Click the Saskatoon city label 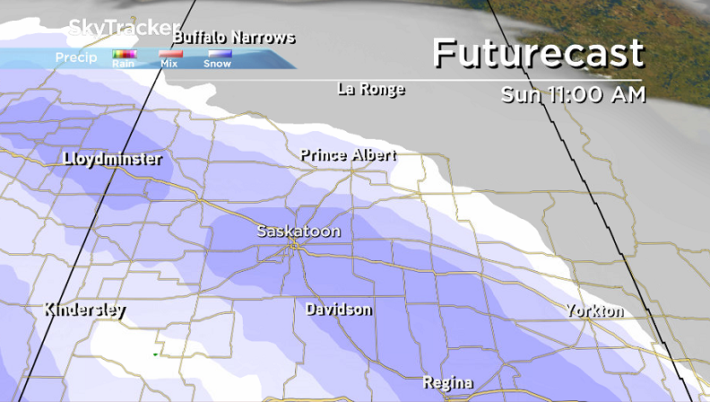(299, 231)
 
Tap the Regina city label (447, 382)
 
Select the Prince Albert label (348, 155)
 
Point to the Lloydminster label (113, 159)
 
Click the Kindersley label (85, 310)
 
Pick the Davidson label (338, 310)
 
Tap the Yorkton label (594, 310)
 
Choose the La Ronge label (371, 89)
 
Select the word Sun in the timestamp (520, 95)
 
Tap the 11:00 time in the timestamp (576, 95)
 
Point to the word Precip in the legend (76, 57)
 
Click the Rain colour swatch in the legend (123, 55)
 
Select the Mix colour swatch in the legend (169, 55)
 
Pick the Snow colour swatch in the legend (217, 55)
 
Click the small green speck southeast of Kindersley (154, 354)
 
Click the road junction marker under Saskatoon (295, 246)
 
